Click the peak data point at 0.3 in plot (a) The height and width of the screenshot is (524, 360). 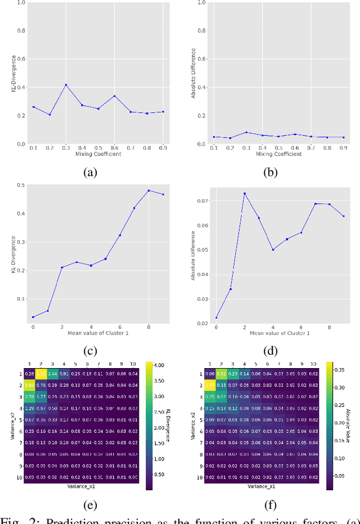click(x=66, y=85)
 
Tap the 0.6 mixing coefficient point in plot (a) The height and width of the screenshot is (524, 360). click(x=114, y=96)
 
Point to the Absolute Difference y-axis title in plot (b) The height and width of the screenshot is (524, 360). click(x=193, y=73)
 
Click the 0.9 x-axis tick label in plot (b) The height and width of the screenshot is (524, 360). click(x=343, y=148)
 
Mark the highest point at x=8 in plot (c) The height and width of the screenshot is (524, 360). click(x=148, y=190)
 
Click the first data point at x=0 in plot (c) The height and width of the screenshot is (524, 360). click(x=33, y=317)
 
